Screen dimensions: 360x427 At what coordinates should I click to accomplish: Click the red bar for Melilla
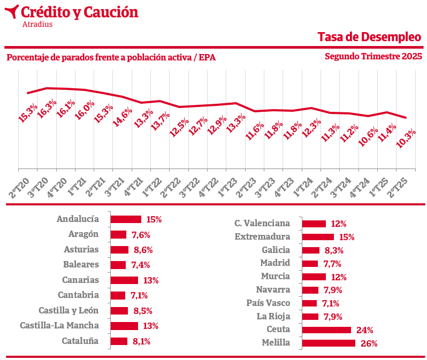(x=329, y=343)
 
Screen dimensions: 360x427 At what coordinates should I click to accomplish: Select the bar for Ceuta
(x=326, y=330)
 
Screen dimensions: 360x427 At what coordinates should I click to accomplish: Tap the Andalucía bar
(x=126, y=219)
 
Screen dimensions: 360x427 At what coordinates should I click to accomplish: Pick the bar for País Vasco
(x=310, y=303)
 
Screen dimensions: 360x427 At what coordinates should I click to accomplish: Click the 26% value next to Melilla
(x=369, y=343)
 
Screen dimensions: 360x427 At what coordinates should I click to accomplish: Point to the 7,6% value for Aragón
(x=140, y=234)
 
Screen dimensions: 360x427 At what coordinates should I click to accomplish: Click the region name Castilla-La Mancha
(x=59, y=325)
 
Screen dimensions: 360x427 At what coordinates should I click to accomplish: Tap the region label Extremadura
(x=262, y=236)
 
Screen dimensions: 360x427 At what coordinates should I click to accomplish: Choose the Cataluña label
(x=80, y=341)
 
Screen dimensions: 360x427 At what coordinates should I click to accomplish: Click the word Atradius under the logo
(x=37, y=24)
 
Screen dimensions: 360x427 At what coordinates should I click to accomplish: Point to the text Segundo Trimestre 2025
(x=373, y=56)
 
